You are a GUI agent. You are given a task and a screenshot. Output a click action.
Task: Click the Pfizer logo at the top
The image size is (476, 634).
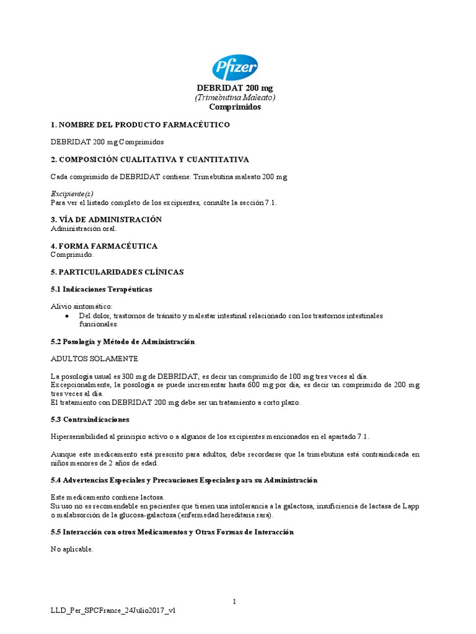[235, 68]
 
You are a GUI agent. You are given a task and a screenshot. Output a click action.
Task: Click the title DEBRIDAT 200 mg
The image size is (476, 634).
[235, 89]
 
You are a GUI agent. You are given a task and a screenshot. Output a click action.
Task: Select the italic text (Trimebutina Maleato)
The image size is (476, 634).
[235, 97]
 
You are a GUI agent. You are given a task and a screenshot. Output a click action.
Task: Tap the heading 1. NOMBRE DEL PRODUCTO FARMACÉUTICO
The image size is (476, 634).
[140, 125]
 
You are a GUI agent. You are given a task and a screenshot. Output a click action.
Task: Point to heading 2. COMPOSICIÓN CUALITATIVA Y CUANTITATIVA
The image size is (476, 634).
[149, 160]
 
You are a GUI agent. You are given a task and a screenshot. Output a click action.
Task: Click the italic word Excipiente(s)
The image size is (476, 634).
[72, 194]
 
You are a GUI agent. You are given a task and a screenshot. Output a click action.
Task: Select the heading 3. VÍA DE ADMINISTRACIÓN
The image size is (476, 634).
[106, 220]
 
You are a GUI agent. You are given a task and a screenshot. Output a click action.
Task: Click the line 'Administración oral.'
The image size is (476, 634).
[83, 228]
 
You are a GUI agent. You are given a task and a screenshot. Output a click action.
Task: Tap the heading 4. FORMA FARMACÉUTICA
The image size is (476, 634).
[104, 246]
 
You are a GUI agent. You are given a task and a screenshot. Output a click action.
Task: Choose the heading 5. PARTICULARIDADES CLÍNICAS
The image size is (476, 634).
[117, 272]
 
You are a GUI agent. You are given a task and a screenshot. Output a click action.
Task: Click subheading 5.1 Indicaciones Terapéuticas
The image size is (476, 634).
[101, 289]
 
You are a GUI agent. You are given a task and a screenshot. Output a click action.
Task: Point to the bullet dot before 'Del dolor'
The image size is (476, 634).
[67, 316]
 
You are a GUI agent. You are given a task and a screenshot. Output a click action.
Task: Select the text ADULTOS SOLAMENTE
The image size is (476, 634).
[94, 358]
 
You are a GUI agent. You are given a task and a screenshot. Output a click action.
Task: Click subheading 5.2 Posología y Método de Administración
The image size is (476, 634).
[123, 342]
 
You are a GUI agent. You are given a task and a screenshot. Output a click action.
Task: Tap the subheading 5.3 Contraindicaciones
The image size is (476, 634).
[90, 419]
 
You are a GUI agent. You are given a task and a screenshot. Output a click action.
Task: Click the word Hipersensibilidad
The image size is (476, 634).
[79, 436]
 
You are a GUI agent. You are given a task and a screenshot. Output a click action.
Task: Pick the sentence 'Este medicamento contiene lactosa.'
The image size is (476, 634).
[107, 497]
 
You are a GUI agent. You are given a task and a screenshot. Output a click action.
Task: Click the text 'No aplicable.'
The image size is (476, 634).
[72, 549]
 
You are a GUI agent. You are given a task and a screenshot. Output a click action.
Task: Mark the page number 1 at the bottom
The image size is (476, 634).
[235, 601]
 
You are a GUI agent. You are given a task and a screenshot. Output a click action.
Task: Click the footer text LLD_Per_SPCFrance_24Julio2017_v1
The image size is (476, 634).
[113, 610]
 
